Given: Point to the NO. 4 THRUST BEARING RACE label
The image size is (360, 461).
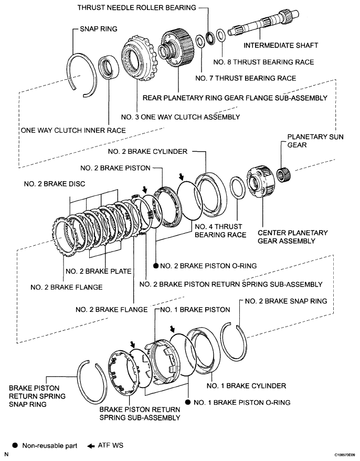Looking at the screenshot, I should coord(220,231).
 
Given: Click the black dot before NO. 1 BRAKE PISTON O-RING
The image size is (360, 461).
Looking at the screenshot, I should coord(187,403).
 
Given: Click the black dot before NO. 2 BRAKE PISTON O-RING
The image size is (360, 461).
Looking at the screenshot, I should coord(156,266).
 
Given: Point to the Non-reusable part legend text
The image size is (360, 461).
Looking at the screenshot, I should coord(50,446).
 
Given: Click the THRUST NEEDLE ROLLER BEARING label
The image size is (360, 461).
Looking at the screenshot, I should coord(137,7).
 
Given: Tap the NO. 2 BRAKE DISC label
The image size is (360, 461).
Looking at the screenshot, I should coord(55,184).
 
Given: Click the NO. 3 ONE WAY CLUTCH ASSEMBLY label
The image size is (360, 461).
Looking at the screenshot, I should coord(180,117).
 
